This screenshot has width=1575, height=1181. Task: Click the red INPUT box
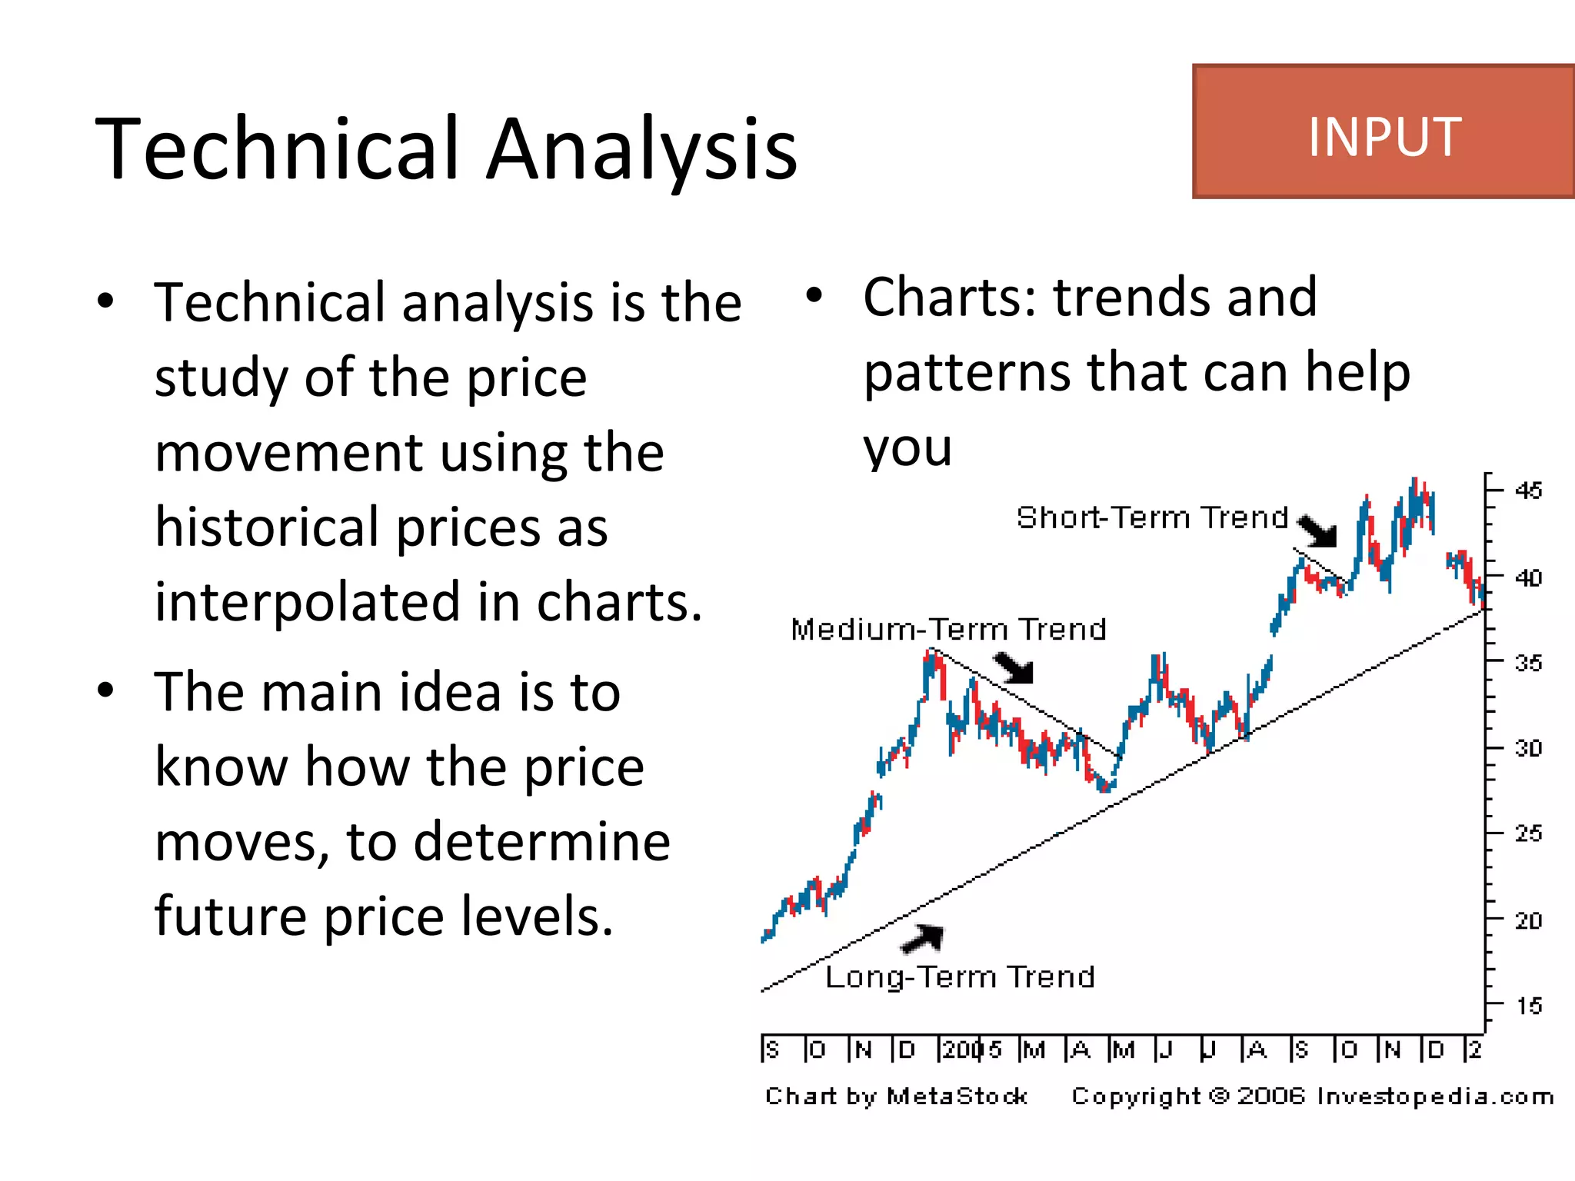(x=1383, y=132)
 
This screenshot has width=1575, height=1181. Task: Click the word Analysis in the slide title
(x=642, y=148)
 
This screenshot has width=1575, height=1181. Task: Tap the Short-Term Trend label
(x=1151, y=517)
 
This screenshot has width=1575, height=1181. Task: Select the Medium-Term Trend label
(x=948, y=630)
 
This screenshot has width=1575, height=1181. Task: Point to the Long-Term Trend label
(x=960, y=977)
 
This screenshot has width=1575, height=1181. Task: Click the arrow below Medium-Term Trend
(x=1014, y=667)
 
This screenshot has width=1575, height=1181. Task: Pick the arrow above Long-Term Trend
(x=923, y=938)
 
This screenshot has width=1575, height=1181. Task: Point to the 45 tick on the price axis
(x=1528, y=491)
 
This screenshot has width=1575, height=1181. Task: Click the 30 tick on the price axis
(x=1528, y=747)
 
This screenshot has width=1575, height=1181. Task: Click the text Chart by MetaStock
(x=896, y=1096)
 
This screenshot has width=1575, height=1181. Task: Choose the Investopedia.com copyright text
(x=1312, y=1096)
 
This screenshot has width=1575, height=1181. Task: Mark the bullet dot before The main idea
(x=106, y=690)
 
